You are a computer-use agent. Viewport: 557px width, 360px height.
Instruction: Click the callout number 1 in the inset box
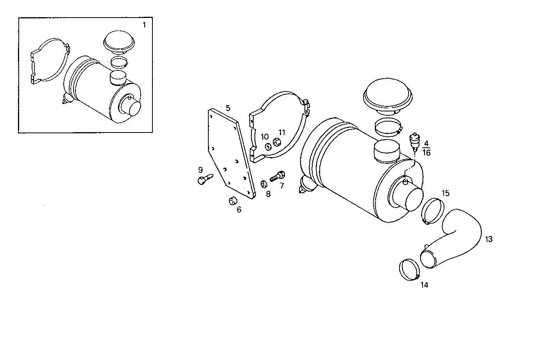click(144, 25)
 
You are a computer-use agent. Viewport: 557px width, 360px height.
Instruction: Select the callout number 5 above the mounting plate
click(228, 107)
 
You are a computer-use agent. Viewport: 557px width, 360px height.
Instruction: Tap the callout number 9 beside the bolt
click(201, 170)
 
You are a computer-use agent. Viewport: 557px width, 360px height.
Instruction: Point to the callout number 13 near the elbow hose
click(489, 239)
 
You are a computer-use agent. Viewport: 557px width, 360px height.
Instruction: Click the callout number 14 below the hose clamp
click(424, 285)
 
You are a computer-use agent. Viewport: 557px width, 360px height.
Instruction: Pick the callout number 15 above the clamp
click(446, 193)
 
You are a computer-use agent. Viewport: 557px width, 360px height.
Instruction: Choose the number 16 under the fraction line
click(426, 153)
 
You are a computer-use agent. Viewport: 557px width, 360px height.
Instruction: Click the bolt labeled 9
click(204, 179)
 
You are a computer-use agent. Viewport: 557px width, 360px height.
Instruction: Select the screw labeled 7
click(278, 176)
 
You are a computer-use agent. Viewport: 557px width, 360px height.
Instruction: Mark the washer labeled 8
click(263, 184)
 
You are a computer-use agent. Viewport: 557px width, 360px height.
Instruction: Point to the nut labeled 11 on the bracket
click(278, 143)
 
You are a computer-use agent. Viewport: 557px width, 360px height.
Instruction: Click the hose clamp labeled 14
click(409, 270)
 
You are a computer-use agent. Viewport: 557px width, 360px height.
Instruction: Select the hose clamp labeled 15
click(433, 211)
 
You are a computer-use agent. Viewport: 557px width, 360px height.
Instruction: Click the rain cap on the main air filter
click(389, 96)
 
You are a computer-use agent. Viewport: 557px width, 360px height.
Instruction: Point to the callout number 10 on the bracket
click(265, 137)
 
